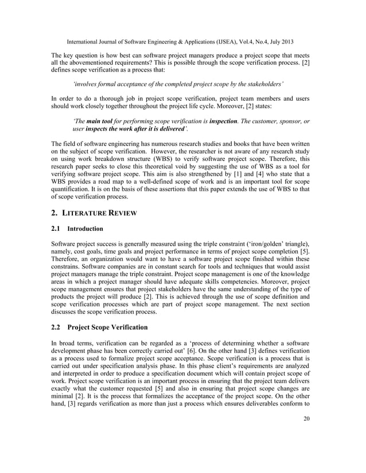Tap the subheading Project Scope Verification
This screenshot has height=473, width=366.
107,327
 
